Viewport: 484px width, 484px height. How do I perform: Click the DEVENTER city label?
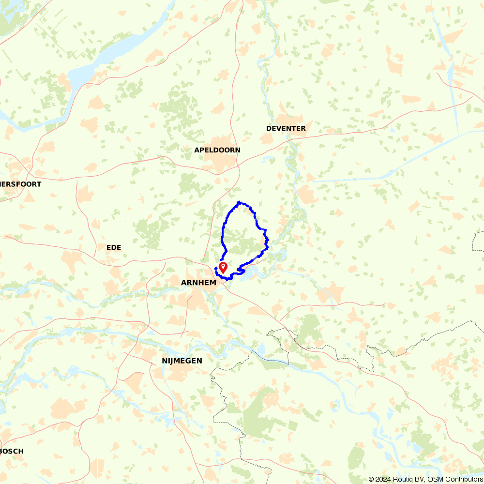pyautogui.click(x=286, y=128)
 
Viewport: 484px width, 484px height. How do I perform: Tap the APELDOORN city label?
pyautogui.click(x=217, y=150)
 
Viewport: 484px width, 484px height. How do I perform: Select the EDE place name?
pyautogui.click(x=114, y=247)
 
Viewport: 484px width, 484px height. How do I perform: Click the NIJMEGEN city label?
pyautogui.click(x=182, y=361)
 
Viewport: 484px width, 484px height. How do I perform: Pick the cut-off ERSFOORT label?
pyautogui.click(x=20, y=184)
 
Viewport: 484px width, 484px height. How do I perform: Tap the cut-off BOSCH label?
pyautogui.click(x=12, y=451)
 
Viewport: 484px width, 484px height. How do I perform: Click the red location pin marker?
pyautogui.click(x=223, y=267)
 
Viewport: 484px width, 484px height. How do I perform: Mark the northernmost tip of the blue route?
pyautogui.click(x=239, y=202)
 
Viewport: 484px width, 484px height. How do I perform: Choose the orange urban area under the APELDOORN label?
pyautogui.click(x=218, y=162)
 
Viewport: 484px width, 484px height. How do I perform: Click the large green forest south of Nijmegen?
pyautogui.click(x=261, y=416)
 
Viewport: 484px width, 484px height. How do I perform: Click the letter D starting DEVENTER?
pyautogui.click(x=269, y=128)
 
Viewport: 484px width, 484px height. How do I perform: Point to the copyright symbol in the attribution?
pyautogui.click(x=371, y=479)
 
